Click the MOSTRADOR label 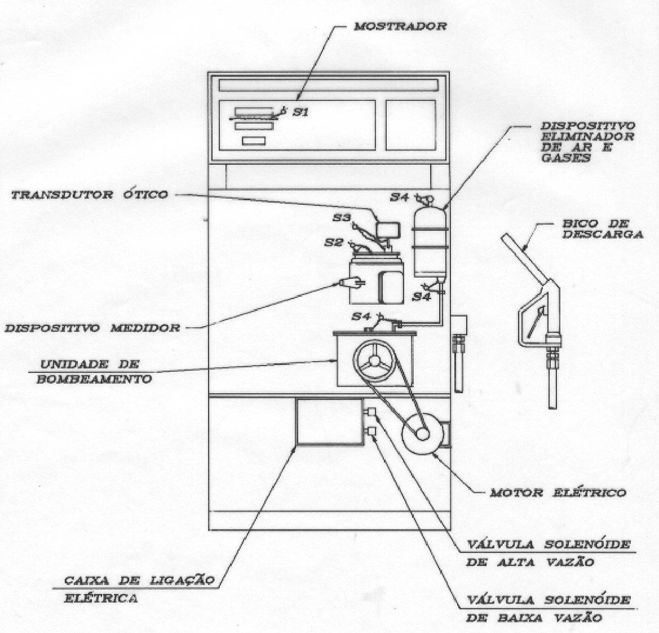tap(400, 27)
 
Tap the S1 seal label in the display tap(300, 112)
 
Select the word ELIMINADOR tap(587, 137)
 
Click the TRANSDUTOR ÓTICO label tap(90, 195)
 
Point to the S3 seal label tap(341, 218)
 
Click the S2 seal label tap(333, 243)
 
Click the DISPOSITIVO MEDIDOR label tap(92, 328)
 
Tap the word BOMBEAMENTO tap(94, 379)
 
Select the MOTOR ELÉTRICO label tap(558, 493)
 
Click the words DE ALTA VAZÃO tap(530, 562)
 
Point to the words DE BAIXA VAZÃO tap(534, 618)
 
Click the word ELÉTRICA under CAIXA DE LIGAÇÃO tap(101, 598)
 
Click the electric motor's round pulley tap(422, 434)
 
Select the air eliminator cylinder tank tap(430, 243)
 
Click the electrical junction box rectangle tap(329, 421)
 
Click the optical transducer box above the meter tap(388, 230)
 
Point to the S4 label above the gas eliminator tap(399, 197)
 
